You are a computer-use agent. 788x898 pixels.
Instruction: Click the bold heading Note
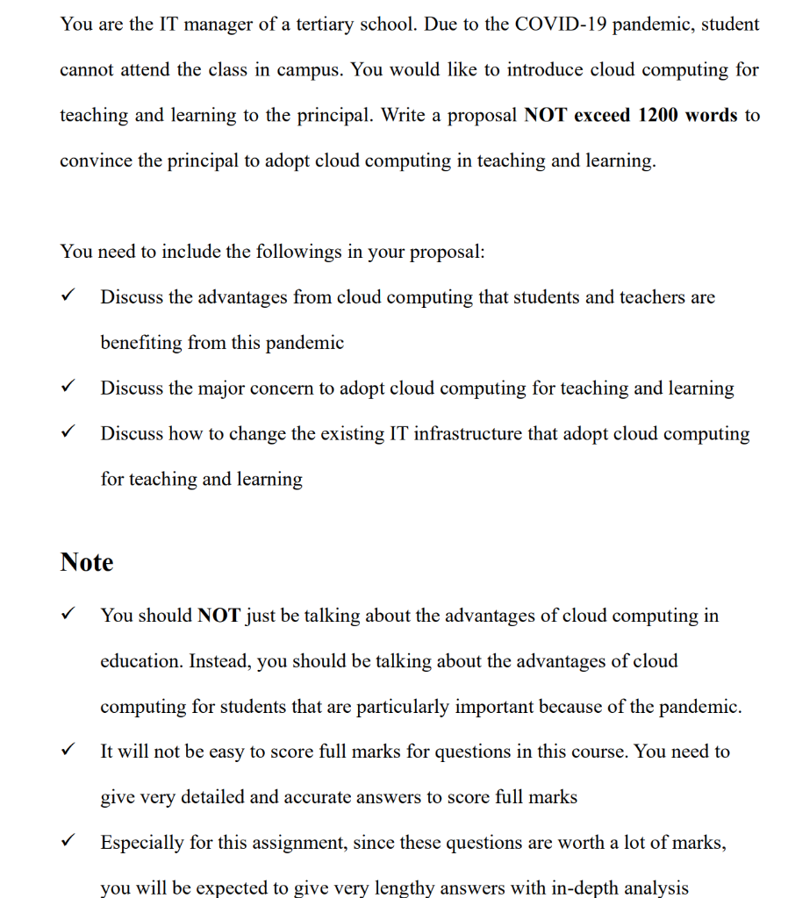87,562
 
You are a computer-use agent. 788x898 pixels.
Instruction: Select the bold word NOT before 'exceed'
545,115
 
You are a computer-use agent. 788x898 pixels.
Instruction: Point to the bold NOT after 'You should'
219,616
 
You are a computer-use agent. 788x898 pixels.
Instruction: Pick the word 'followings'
297,252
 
